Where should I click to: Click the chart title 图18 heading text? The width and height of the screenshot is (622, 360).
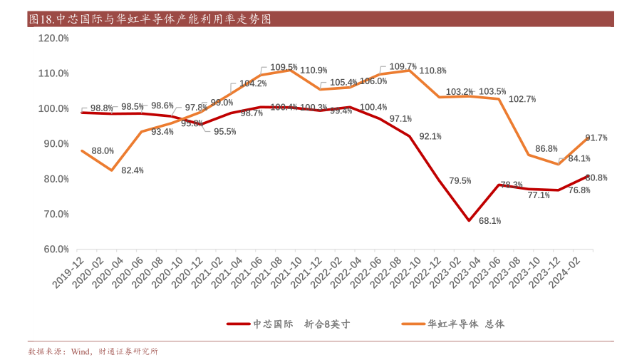150,19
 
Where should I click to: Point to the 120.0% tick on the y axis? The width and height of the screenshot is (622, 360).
53,38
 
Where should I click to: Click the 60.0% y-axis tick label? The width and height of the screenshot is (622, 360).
54,250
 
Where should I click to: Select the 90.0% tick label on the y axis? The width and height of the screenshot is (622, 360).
54,144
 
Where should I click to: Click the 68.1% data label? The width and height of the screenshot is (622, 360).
489,221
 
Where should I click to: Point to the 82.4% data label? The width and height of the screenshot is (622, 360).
133,170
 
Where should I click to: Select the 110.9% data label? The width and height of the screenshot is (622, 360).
313,70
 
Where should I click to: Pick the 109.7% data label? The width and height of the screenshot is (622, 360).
403,66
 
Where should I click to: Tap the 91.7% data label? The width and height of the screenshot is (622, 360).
596,138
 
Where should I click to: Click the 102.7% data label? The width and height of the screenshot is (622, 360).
522,99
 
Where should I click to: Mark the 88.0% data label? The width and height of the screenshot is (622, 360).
103,150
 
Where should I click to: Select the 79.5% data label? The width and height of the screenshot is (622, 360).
460,180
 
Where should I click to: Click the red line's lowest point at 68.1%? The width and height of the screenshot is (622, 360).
469,220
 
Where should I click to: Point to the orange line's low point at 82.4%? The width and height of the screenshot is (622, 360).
112,170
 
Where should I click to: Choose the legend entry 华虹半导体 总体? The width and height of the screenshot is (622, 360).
466,324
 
